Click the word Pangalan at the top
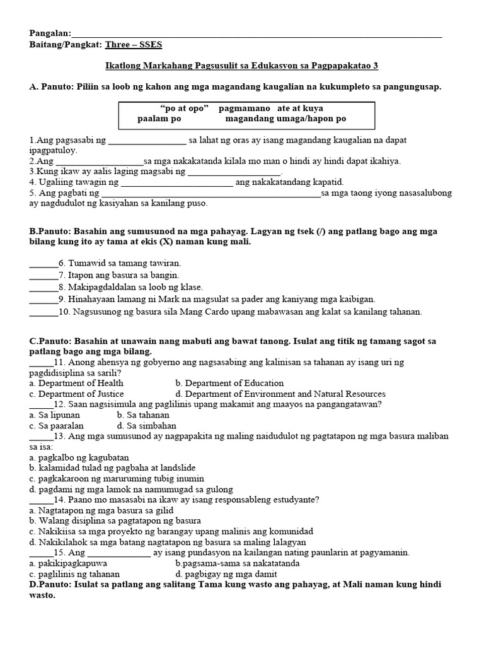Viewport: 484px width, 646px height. point(50,33)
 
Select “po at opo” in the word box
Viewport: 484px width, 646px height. point(185,109)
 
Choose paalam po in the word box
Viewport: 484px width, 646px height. point(159,119)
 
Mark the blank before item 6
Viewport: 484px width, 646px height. point(43,263)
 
